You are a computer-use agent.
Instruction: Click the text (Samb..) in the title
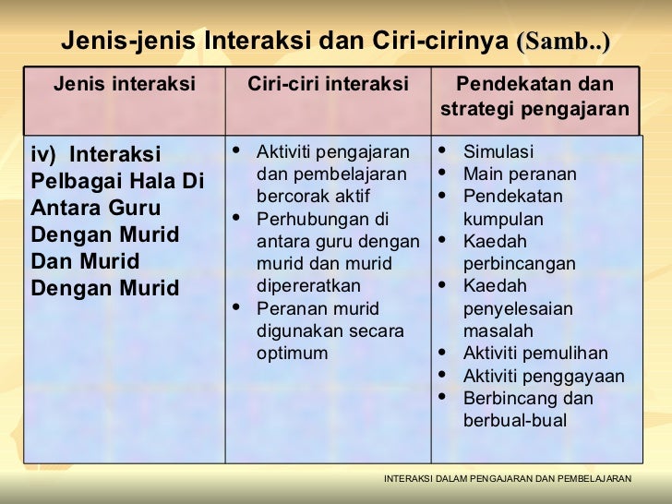564,42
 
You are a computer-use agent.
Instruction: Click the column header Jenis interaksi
125,85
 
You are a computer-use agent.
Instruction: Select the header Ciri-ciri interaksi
328,85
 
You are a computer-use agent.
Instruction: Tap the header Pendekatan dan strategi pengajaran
535,98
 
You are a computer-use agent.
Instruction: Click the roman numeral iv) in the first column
45,154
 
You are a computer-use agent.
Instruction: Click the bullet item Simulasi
498,152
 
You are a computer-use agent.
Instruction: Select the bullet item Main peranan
520,174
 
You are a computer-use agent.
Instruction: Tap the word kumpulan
503,220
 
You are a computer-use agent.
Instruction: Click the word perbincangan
520,264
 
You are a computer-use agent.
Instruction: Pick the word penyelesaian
518,308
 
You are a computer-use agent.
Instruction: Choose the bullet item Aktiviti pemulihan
535,354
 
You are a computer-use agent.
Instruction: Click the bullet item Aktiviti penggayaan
544,376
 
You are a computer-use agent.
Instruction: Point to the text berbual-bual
515,421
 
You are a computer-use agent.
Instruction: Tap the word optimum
293,354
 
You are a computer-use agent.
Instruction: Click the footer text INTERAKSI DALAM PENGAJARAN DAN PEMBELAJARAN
507,478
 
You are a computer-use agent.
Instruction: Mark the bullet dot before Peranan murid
239,308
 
